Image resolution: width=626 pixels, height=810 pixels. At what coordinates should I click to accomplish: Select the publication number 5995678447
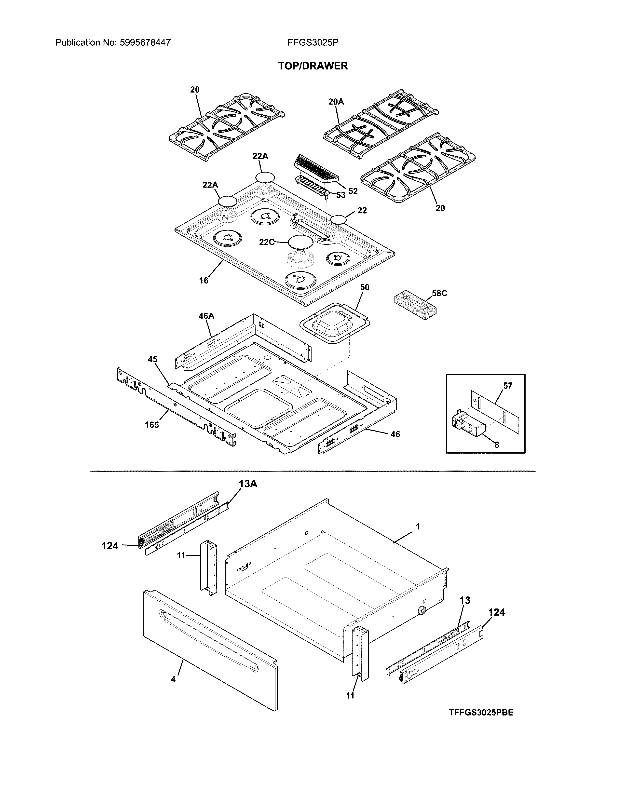click(x=145, y=43)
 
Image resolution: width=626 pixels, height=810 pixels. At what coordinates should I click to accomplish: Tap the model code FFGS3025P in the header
click(x=313, y=43)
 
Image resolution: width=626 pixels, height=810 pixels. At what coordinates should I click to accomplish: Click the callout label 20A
click(x=336, y=101)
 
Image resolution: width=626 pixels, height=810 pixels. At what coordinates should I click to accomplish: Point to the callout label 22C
click(x=267, y=242)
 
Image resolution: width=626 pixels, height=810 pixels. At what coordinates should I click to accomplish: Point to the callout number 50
click(x=365, y=287)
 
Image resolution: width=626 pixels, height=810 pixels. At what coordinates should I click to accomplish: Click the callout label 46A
click(x=206, y=316)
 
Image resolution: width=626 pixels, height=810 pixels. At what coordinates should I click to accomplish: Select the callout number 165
click(x=152, y=425)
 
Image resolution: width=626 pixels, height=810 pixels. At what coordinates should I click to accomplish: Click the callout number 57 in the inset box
click(x=508, y=386)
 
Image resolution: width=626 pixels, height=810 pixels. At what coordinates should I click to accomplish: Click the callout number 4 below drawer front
click(x=173, y=679)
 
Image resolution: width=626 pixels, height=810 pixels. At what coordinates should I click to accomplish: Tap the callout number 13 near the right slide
click(x=465, y=600)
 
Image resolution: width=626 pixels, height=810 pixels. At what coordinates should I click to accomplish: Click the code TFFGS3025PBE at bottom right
click(x=481, y=713)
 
